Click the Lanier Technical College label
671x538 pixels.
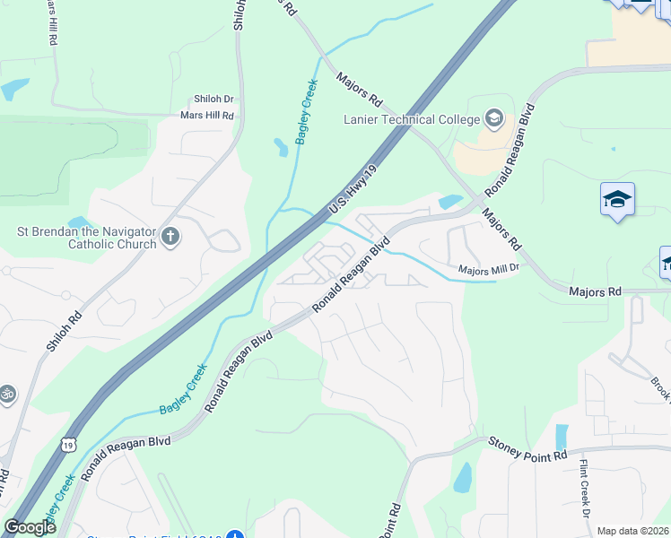pyautogui.click(x=411, y=119)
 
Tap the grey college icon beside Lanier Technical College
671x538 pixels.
pyautogui.click(x=494, y=118)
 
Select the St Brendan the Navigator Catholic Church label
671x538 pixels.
pyautogui.click(x=86, y=237)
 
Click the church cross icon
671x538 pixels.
pyautogui.click(x=170, y=238)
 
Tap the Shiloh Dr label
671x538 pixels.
pyautogui.click(x=213, y=100)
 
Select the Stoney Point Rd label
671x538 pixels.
pyautogui.click(x=527, y=449)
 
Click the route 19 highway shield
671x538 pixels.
pyautogui.click(x=68, y=443)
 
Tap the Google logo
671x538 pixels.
pyautogui.click(x=30, y=527)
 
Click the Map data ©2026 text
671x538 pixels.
pyautogui.click(x=633, y=531)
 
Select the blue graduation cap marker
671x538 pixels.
pyautogui.click(x=617, y=198)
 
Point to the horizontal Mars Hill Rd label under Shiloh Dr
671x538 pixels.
pyautogui.click(x=206, y=116)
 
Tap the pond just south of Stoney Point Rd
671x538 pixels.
pyautogui.click(x=463, y=478)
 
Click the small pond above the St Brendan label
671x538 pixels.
pyautogui.click(x=79, y=221)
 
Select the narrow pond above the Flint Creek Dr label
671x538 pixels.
pyautogui.click(x=562, y=437)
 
